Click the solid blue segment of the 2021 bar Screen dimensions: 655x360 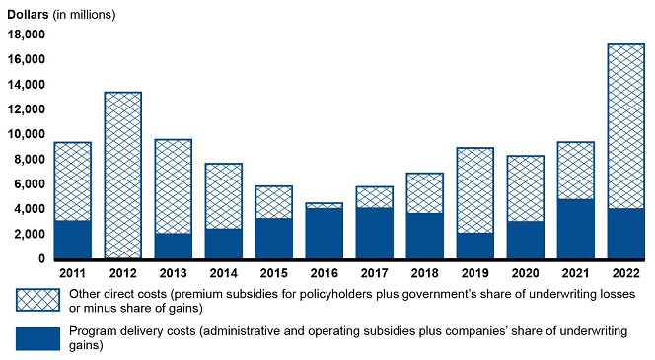click(x=576, y=229)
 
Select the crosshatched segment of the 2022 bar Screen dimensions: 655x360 click(x=625, y=126)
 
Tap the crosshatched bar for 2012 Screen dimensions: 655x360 click(x=122, y=175)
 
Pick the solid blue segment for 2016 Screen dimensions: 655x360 click(x=325, y=234)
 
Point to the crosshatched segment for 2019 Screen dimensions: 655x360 click(x=474, y=190)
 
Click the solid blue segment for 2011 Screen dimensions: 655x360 click(x=73, y=240)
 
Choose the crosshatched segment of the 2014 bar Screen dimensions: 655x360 click(x=224, y=196)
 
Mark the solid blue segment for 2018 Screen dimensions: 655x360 click(x=425, y=236)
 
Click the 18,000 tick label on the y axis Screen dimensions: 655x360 click(x=26, y=35)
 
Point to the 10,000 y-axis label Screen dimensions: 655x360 click(x=26, y=134)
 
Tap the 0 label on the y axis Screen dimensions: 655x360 click(x=41, y=259)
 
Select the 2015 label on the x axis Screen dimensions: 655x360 click(x=273, y=273)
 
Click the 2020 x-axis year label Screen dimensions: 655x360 click(x=526, y=273)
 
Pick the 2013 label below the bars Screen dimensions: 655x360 click(x=173, y=273)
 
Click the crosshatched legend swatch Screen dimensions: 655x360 click(x=37, y=300)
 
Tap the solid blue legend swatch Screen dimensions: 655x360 click(x=37, y=338)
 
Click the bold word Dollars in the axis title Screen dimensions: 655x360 click(x=28, y=14)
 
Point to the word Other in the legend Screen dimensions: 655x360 click(x=83, y=294)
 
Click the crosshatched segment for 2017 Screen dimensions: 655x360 click(x=374, y=197)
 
